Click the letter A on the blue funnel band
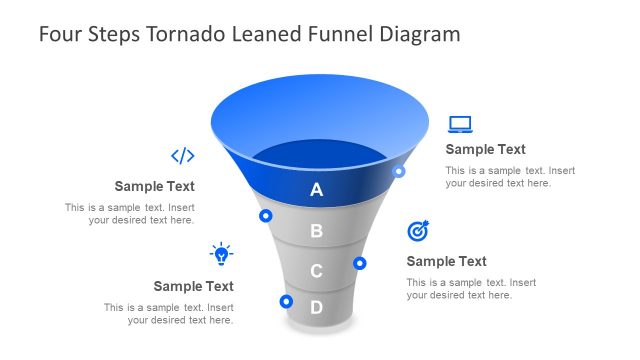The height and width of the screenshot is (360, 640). pos(317,189)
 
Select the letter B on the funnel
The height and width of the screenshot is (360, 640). pos(317,231)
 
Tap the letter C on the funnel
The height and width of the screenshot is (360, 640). pos(317,271)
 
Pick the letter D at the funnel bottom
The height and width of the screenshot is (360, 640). pos(317,307)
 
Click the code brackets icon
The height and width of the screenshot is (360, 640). pos(182,155)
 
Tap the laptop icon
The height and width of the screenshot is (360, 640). pos(460,124)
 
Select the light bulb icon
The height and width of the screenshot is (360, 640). pos(221,253)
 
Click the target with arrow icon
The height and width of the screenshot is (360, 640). pos(419,231)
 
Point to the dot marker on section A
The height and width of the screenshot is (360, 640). pos(399,171)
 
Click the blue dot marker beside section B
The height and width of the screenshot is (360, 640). pos(266,215)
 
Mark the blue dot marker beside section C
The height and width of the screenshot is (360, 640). pos(360,263)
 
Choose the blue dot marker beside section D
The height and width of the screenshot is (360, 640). pos(286,301)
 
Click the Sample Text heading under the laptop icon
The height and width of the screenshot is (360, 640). pos(485,150)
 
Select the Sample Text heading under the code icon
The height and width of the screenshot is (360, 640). pos(154,186)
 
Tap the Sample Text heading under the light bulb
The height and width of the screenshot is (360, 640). pos(193,286)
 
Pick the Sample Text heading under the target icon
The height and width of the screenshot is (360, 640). pos(446,262)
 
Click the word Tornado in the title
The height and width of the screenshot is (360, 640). pos(186,34)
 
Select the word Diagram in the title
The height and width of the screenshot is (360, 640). pos(420,34)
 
